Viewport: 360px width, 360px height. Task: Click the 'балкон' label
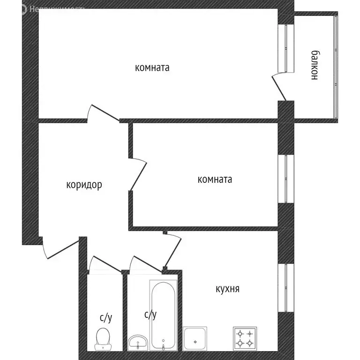pyautogui.click(x=315, y=65)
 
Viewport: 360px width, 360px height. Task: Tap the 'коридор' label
pyautogui.click(x=84, y=185)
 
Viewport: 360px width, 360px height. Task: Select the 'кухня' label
pyautogui.click(x=227, y=289)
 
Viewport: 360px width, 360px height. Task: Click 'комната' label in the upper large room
pyautogui.click(x=152, y=67)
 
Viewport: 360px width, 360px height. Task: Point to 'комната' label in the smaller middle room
pyautogui.click(x=215, y=179)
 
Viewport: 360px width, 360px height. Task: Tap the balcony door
pyautogui.click(x=279, y=87)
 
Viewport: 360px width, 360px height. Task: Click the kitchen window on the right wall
pyautogui.click(x=285, y=288)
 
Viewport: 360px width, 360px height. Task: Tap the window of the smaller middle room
pyautogui.click(x=285, y=179)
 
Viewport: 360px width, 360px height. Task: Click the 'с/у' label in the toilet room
pyautogui.click(x=106, y=318)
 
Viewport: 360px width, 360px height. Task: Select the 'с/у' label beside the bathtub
pyautogui.click(x=150, y=315)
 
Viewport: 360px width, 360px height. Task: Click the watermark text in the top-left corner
pyautogui.click(x=45, y=8)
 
